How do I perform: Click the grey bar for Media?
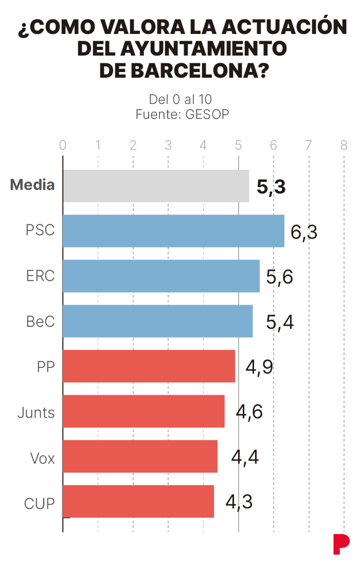156,186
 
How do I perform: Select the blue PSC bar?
173,231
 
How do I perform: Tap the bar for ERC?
161,276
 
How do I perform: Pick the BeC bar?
157,321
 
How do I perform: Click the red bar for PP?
149,366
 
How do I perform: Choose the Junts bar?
143,411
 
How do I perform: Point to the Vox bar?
140,456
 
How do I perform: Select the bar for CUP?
138,501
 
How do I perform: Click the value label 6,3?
304,232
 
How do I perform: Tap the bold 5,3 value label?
271,187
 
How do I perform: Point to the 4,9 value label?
259,367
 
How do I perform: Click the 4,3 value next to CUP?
239,502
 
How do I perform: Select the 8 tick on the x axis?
344,145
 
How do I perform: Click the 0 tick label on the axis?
63,145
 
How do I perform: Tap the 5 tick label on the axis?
239,145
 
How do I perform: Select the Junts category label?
36,412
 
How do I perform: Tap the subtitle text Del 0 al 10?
181,99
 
